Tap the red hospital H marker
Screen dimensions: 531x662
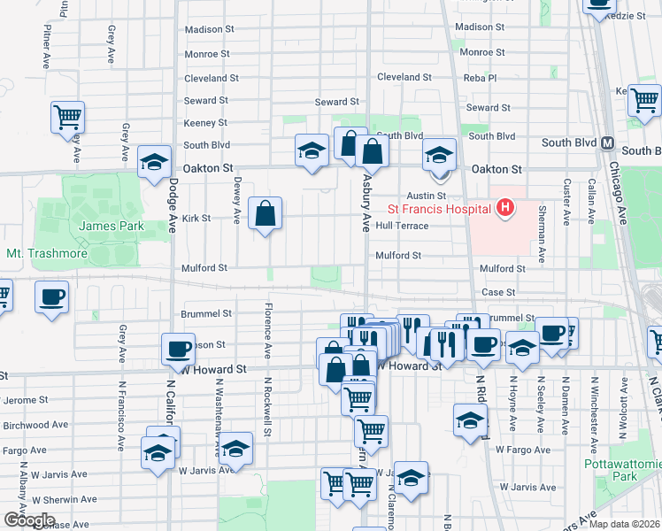[504, 209]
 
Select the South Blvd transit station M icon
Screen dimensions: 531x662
[607, 142]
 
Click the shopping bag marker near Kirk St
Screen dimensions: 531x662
[265, 213]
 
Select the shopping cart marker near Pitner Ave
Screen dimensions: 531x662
[68, 118]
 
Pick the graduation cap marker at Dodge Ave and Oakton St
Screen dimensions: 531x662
[155, 162]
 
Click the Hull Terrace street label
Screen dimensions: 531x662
[402, 226]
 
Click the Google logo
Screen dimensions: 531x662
[29, 520]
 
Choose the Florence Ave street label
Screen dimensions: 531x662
[265, 328]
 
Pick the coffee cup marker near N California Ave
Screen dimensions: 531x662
[179, 349]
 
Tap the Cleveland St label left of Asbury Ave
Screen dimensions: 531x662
[206, 78]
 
